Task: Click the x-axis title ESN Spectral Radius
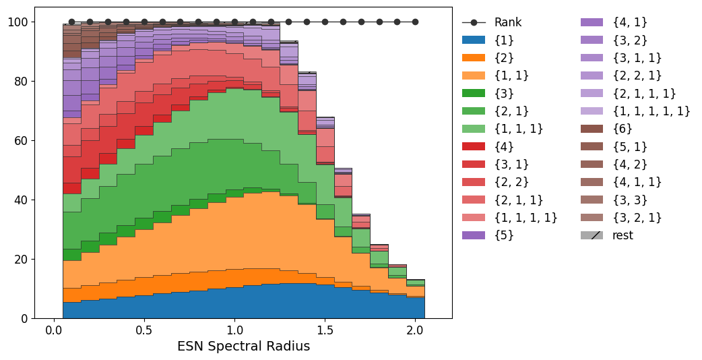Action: coord(243,347)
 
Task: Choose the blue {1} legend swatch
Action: coord(474,40)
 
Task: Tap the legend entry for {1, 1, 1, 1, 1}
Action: coord(651,111)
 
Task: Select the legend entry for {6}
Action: coord(623,129)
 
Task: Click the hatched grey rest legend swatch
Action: coord(592,235)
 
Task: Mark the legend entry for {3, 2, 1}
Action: coord(637,218)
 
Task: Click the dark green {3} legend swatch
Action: coord(474,93)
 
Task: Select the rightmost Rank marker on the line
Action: coord(415,22)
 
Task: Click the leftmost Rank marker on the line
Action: coord(71,22)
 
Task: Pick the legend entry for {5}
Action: coord(504,235)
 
